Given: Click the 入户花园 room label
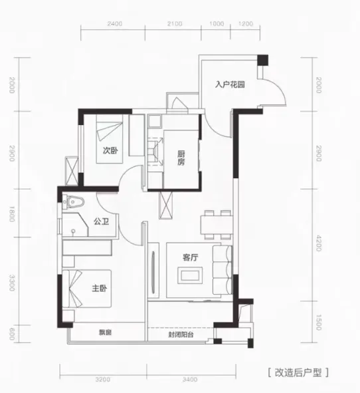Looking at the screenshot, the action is pos(230,84).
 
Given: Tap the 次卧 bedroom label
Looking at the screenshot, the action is pos(110,150).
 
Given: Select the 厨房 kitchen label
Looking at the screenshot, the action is pos(181,158).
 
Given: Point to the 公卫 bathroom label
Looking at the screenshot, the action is pos(102,221).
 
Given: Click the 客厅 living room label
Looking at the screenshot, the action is pos(190,257).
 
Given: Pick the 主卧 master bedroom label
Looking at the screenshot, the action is pos(100,288).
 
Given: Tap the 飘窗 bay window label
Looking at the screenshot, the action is pos(105,332).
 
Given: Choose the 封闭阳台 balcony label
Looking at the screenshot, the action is pos(181,334).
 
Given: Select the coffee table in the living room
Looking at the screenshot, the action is pos(190,275).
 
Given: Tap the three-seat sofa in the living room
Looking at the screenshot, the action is pos(223,270).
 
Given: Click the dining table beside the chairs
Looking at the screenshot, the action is pos(217,225).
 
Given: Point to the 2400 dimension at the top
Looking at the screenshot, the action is pos(115,24).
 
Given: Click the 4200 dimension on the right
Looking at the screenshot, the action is pos(318,243).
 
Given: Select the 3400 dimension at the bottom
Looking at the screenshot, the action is pos(190,380).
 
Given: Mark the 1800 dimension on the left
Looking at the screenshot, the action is pos(12,214).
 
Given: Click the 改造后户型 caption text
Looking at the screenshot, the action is pos(298,372).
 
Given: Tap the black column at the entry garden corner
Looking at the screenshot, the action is pos(263,60).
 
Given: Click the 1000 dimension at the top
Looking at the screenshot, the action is pos(217,24).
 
